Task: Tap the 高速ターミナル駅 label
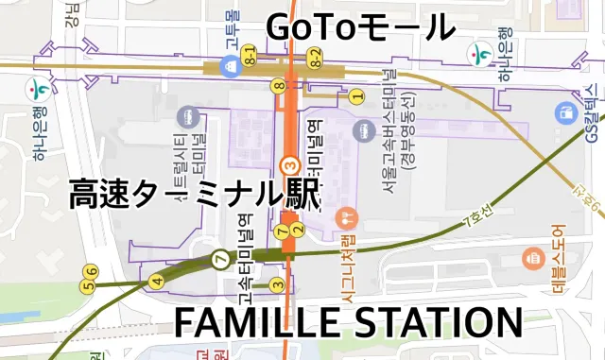(x=194, y=197)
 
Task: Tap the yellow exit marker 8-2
(x=315, y=56)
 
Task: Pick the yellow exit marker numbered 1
(x=356, y=94)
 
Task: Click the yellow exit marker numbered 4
(x=156, y=282)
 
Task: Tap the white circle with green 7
(x=220, y=258)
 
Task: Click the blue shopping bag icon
(x=230, y=67)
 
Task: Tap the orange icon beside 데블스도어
(x=533, y=258)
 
